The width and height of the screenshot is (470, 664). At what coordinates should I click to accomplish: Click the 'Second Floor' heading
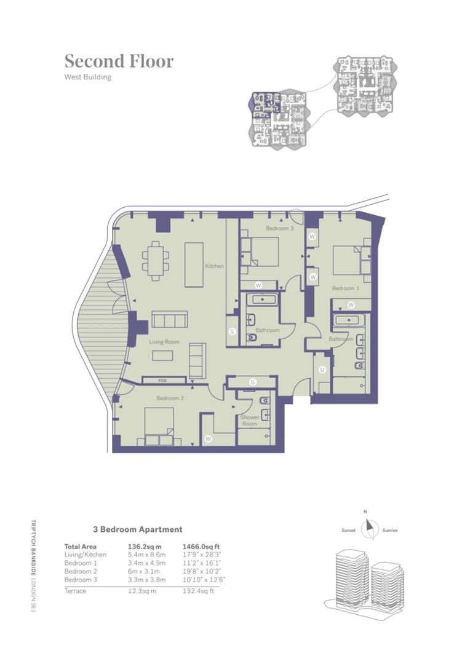click(119, 61)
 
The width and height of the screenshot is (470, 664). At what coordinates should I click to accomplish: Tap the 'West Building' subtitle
click(88, 77)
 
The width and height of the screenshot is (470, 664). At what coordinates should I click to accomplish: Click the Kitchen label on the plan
click(214, 266)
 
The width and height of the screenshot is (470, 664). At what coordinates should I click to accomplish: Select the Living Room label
click(164, 342)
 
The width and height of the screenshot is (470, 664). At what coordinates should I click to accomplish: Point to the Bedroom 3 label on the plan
click(280, 228)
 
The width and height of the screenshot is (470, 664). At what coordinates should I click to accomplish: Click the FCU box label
click(162, 381)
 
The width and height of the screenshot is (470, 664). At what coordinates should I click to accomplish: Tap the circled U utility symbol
click(322, 370)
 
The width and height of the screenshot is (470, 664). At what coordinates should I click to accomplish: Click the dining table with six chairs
click(156, 261)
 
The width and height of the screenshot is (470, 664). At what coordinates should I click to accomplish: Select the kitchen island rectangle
click(194, 264)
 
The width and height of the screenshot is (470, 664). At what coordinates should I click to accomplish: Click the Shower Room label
click(250, 420)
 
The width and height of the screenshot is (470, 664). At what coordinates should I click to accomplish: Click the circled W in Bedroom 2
click(208, 439)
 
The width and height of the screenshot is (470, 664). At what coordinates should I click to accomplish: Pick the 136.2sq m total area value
click(145, 547)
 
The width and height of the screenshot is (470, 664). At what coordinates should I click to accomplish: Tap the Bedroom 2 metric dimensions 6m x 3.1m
click(144, 571)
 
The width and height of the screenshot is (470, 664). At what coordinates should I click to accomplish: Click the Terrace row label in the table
click(75, 591)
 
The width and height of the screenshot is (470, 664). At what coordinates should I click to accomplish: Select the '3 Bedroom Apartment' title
click(138, 529)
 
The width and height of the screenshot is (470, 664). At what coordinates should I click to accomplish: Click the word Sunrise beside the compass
click(390, 530)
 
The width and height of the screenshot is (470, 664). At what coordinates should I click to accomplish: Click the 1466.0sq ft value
click(201, 547)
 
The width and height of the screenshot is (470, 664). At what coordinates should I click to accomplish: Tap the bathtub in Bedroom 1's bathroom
click(349, 320)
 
